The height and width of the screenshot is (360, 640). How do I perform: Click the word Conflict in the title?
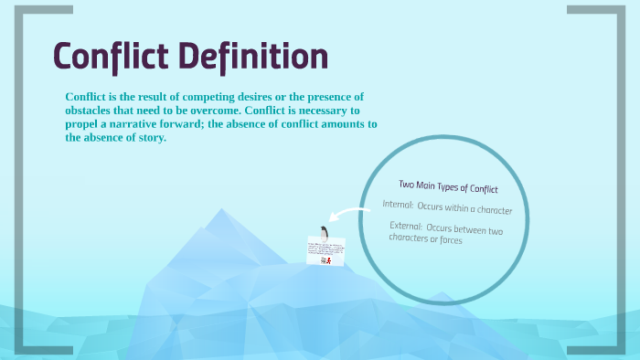[x=110, y=57]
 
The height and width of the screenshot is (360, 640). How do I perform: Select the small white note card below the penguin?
[x=325, y=252]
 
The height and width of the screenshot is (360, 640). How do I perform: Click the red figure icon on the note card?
[x=324, y=260]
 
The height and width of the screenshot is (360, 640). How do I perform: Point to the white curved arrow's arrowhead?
[x=331, y=219]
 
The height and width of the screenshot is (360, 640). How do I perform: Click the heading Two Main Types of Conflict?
[x=448, y=187]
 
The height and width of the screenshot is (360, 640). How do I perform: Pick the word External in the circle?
[x=405, y=226]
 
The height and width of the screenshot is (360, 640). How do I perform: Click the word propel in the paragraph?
[x=82, y=123]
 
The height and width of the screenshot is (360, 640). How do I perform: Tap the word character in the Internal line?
[x=487, y=210]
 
